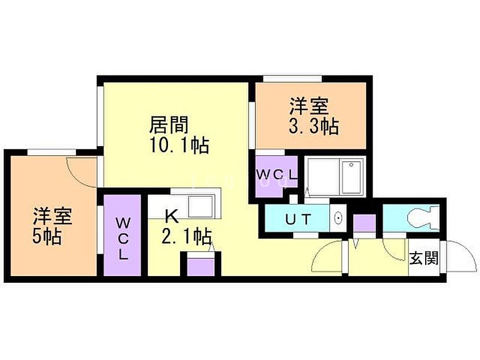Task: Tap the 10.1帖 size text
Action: click(178, 146)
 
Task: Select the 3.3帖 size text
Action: click(314, 126)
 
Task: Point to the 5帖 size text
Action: click(47, 235)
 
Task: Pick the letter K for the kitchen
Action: click(170, 216)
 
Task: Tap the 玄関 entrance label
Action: click(423, 258)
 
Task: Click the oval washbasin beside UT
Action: click(338, 218)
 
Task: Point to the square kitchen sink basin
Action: click(201, 204)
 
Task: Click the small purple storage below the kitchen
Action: click(199, 266)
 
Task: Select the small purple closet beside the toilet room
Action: click(363, 222)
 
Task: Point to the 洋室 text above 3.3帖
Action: click(309, 106)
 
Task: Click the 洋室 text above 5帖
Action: click(51, 216)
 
